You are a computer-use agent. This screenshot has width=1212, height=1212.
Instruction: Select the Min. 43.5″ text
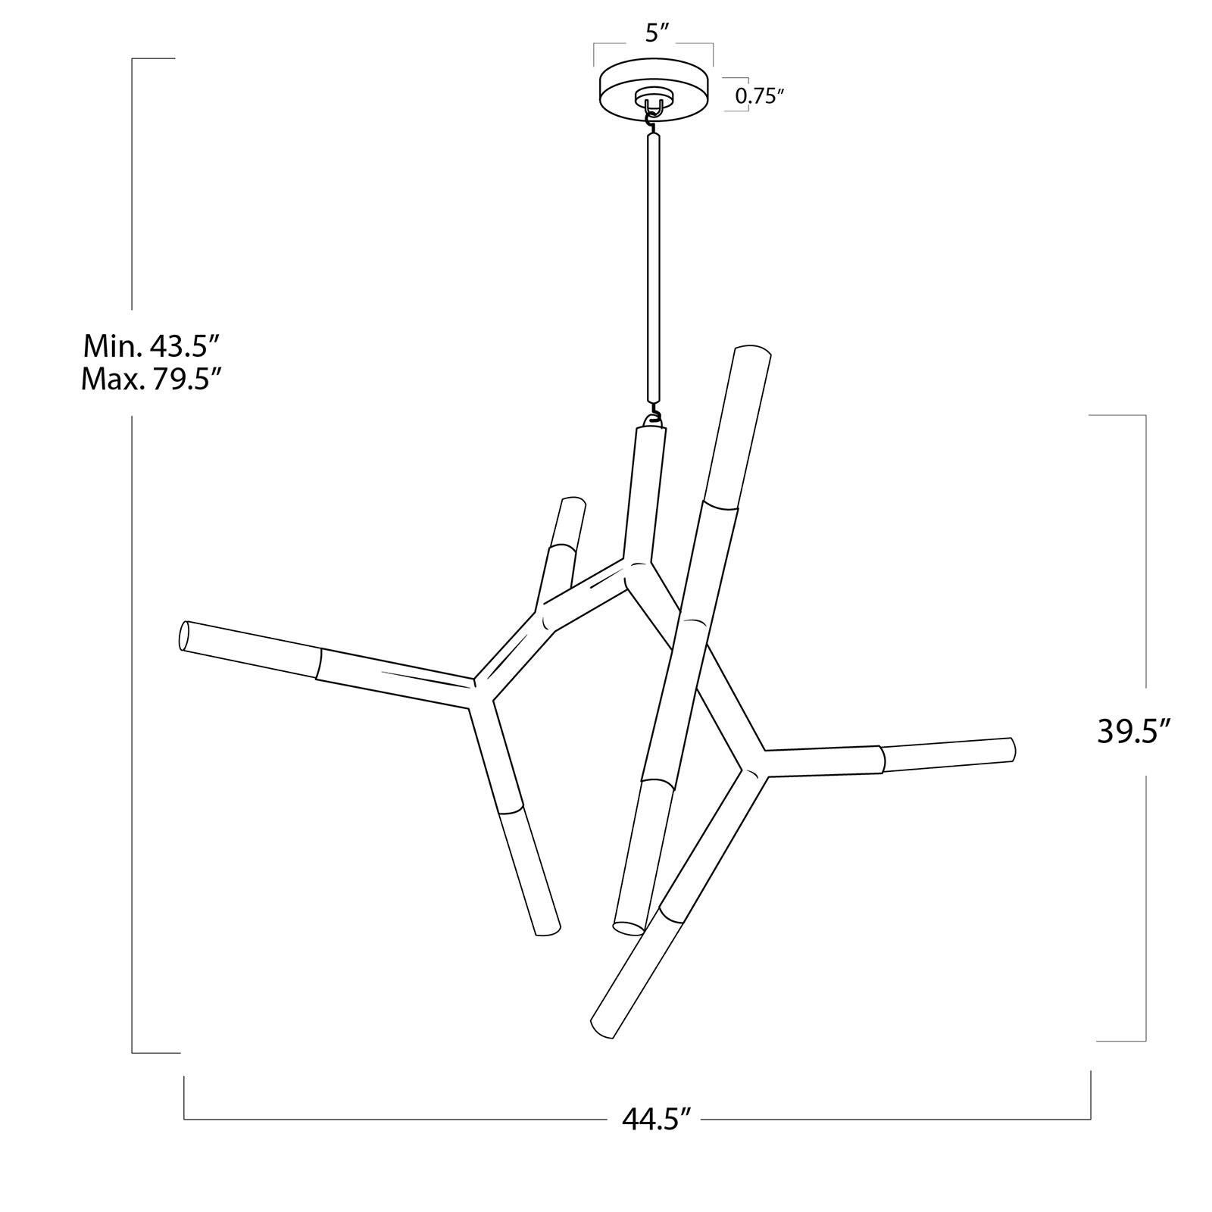[151, 346]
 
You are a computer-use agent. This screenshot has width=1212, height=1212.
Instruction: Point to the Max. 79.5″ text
[151, 378]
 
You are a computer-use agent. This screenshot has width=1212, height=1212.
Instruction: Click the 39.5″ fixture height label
[1134, 733]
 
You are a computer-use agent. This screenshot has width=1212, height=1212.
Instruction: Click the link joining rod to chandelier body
[652, 417]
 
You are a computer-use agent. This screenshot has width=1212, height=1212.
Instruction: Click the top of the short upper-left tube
[573, 504]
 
